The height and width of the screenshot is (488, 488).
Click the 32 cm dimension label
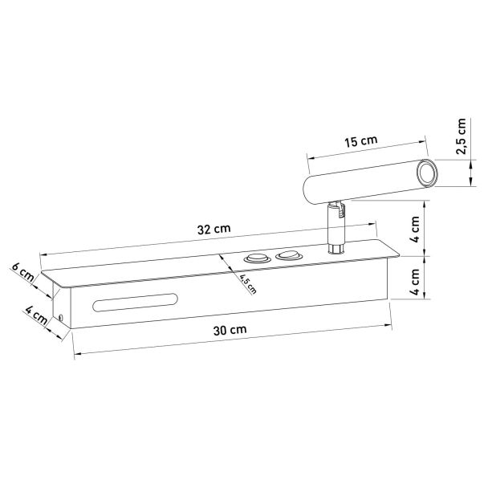[x=213, y=229]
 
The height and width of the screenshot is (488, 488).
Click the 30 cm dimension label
[x=230, y=330]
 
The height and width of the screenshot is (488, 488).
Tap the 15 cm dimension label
[x=360, y=141]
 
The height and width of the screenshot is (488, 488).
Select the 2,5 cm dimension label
[x=461, y=136]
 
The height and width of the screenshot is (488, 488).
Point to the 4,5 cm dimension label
[x=248, y=284]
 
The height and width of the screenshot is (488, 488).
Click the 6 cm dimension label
[x=22, y=272]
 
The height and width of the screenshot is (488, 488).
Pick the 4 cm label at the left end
[x=36, y=315]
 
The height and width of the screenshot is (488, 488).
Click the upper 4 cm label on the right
[x=414, y=229]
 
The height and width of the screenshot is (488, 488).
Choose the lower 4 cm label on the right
[x=414, y=282]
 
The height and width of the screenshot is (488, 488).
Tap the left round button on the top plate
[x=257, y=258]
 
